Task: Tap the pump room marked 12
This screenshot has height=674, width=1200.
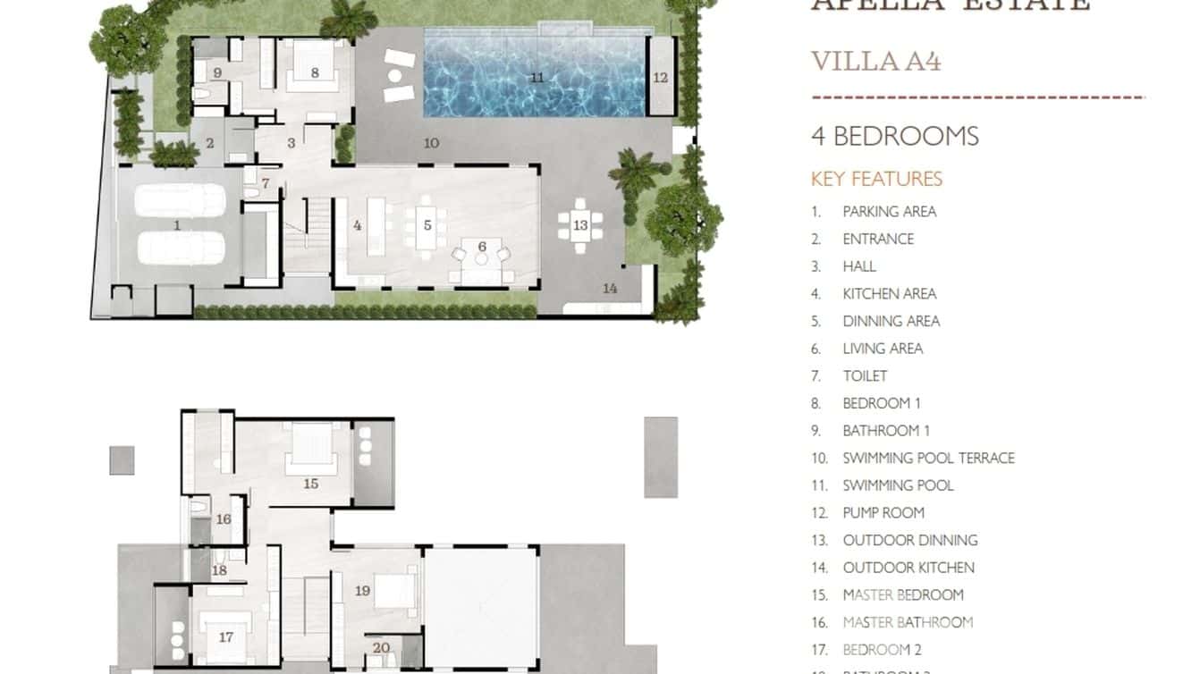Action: point(660,78)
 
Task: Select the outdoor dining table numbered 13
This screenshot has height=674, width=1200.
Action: point(580,225)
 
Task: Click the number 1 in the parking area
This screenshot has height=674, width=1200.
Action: point(177,225)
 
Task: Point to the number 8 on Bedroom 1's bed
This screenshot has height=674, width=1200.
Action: point(315,72)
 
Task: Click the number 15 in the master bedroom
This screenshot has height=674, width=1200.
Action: point(310,484)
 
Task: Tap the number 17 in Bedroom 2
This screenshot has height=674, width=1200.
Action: point(225,637)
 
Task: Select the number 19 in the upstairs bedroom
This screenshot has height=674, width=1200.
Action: point(362,591)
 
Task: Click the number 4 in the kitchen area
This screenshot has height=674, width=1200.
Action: point(357,225)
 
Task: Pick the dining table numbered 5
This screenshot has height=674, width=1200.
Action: point(427,225)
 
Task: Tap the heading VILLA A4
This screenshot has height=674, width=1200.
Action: point(875,62)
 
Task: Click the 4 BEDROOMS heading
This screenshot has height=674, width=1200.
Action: point(894,137)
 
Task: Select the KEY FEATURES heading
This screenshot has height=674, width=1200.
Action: point(876,179)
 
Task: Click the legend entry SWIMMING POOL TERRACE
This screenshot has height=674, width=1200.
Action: point(928,458)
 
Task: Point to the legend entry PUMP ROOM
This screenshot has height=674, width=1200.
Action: point(883,512)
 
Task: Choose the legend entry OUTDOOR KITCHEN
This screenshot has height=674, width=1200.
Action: point(908,567)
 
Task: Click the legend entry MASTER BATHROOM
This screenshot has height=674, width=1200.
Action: point(907,622)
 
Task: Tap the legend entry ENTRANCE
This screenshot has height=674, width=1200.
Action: point(877,239)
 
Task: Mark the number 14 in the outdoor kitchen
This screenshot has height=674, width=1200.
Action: point(610,288)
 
